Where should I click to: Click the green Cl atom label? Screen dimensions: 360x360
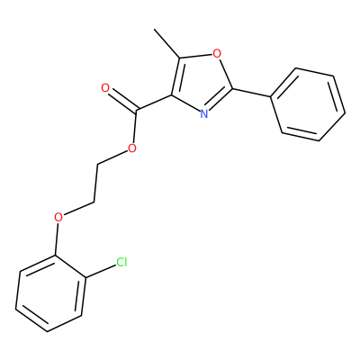(x=121, y=263)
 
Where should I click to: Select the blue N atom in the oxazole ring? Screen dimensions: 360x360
(x=204, y=114)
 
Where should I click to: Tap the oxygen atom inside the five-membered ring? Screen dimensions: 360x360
(x=217, y=54)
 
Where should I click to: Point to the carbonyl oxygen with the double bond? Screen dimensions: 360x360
(x=105, y=88)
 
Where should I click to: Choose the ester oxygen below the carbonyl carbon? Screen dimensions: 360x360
(x=132, y=148)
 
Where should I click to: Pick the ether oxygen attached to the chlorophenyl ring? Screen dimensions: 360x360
(x=58, y=216)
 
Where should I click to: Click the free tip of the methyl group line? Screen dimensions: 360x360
(x=154, y=29)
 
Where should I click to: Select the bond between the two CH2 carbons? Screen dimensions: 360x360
(x=96, y=183)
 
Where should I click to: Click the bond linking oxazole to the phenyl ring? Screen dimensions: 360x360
(x=251, y=93)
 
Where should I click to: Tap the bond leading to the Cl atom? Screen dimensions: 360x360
(x=101, y=272)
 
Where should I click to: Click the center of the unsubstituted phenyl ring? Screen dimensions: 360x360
(x=308, y=104)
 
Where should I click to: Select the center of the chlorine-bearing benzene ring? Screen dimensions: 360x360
(x=50, y=293)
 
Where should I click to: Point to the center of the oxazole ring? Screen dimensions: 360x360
(x=201, y=82)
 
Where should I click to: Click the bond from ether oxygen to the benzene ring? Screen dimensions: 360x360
(x=57, y=238)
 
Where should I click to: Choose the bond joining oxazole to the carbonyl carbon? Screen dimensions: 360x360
(x=154, y=103)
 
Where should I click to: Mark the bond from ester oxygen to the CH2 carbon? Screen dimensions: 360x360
(x=112, y=157)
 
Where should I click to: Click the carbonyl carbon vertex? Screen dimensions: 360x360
(x=136, y=111)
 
